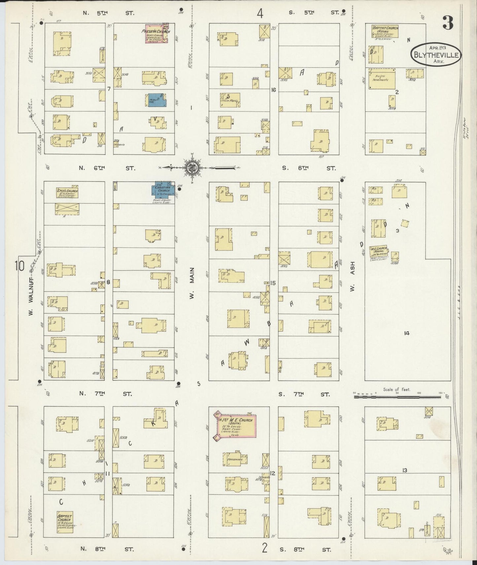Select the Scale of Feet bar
[x=397, y=397]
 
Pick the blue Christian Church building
[x=163, y=190]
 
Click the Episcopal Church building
[x=67, y=193]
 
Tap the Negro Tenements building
[x=382, y=79]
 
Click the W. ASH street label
[x=353, y=276]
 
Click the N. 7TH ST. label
[x=106, y=394]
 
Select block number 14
[x=407, y=333]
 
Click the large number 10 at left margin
[x=19, y=266]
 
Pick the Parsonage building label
[x=235, y=459]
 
